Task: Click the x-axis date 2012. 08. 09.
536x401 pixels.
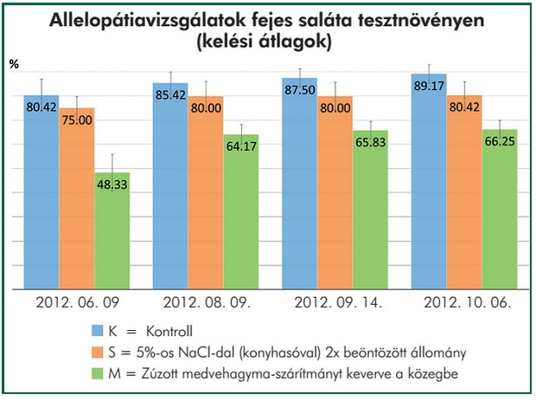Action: [206, 303]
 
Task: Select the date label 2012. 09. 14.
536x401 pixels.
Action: [335, 303]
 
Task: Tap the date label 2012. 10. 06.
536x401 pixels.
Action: [464, 303]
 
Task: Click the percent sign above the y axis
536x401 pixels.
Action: [14, 63]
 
